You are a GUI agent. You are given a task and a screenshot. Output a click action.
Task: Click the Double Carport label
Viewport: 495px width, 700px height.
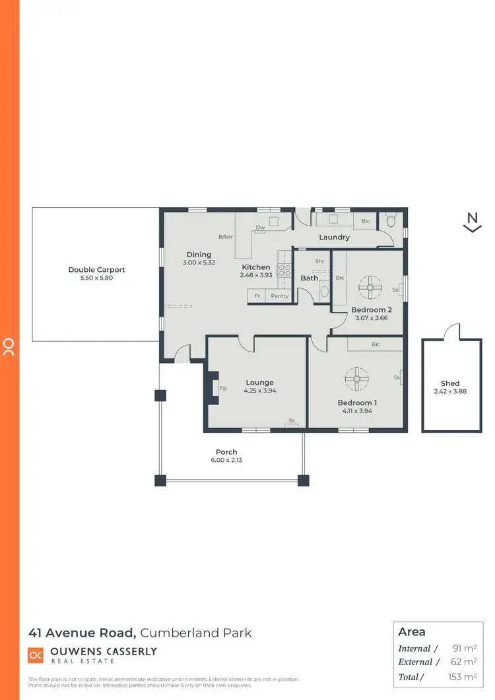tap(96, 269)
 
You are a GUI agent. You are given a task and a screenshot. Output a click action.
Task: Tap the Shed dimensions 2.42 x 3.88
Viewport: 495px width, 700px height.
tap(450, 391)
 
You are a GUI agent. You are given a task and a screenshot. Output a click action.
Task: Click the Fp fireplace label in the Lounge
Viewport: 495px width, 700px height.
tap(223, 389)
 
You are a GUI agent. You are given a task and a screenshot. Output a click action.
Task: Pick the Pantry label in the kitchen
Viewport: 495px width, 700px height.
tap(279, 296)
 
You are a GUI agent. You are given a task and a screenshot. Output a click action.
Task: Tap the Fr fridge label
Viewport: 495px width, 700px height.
tap(257, 296)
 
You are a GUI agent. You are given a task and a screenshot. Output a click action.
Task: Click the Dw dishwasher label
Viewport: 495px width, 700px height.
tap(260, 228)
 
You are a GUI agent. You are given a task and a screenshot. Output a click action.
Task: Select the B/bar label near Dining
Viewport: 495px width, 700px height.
tap(226, 237)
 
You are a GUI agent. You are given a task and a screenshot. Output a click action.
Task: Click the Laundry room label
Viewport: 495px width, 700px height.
tap(334, 237)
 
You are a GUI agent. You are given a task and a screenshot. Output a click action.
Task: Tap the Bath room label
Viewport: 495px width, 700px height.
tap(310, 278)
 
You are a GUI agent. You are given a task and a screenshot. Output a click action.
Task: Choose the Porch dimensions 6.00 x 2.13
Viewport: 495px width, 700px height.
tap(226, 460)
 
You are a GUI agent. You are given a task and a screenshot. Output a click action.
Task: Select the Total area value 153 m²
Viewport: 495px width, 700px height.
tap(463, 677)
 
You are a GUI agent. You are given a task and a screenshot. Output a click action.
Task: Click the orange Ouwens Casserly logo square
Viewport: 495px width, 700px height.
tap(36, 655)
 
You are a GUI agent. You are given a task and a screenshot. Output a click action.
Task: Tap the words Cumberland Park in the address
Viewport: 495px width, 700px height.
tap(197, 633)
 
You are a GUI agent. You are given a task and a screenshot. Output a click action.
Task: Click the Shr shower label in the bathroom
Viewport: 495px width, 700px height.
tap(319, 261)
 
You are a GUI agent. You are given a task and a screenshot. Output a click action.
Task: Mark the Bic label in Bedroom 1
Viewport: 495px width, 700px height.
tap(376, 344)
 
